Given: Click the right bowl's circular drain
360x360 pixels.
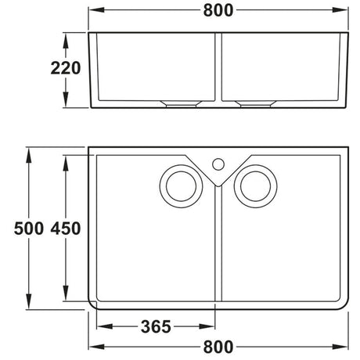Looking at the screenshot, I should tap(255, 185).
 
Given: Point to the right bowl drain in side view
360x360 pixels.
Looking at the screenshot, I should tap(254, 103).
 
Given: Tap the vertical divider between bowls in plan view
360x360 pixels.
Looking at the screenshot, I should tap(218, 250).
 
